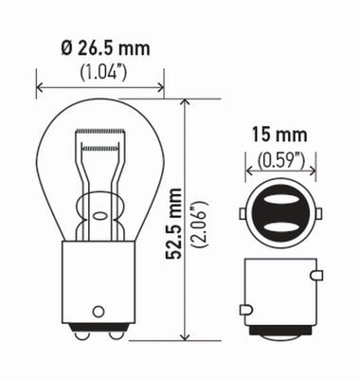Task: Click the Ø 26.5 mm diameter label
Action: click(100, 47)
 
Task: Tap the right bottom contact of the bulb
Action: click(115, 333)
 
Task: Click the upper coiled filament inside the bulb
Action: click(100, 132)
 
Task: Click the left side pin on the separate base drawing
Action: click(246, 309)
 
